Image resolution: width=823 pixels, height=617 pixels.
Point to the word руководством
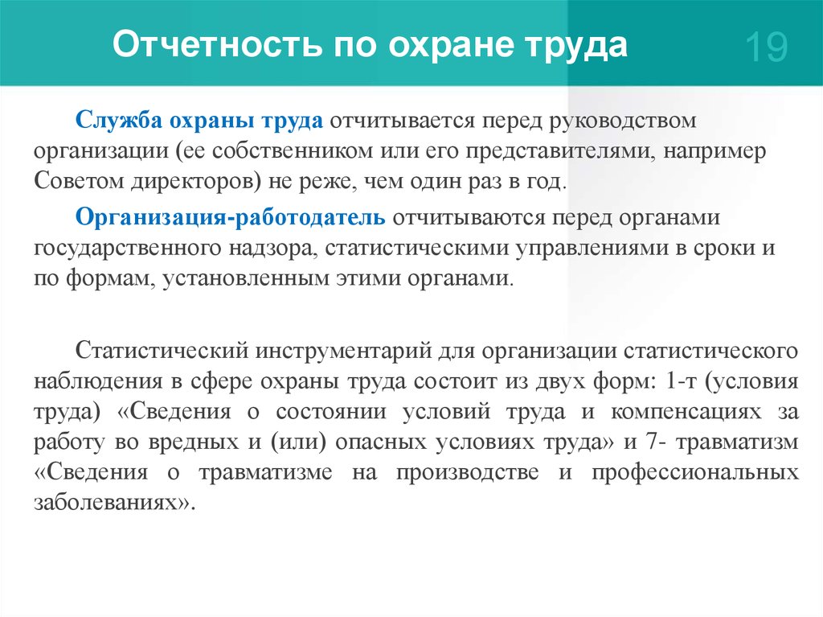[623, 121]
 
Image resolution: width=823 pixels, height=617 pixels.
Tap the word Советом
[78, 181]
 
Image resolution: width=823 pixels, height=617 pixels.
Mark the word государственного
[127, 249]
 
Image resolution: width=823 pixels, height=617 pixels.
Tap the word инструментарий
[343, 351]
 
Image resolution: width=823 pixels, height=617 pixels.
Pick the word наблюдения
[98, 381]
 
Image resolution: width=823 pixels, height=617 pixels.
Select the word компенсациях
[686, 412]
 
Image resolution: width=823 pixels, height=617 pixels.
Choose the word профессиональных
[695, 473]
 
